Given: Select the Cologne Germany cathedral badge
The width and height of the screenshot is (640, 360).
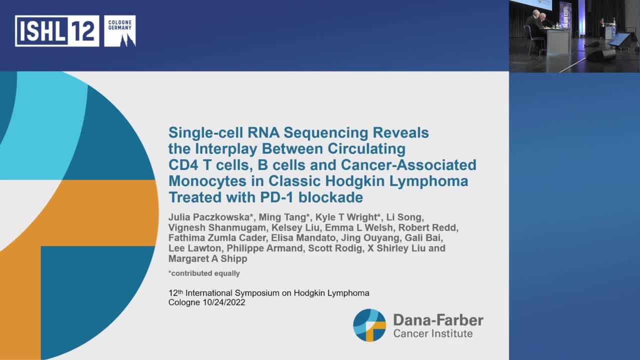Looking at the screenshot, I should [119, 31].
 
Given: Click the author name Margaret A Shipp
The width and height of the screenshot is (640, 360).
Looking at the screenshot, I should [208, 259].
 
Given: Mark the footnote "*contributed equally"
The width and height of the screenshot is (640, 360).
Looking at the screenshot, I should [204, 273].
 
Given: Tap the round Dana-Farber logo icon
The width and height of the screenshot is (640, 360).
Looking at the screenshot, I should [369, 325].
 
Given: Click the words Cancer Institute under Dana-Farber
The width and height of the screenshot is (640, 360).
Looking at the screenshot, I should [433, 333].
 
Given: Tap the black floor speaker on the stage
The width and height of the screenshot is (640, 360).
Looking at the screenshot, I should [601, 55].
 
